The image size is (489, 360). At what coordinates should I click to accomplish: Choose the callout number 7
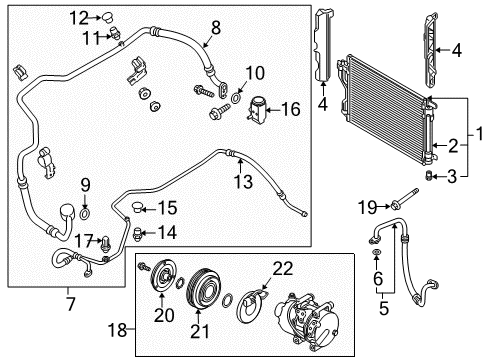point(71,301)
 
